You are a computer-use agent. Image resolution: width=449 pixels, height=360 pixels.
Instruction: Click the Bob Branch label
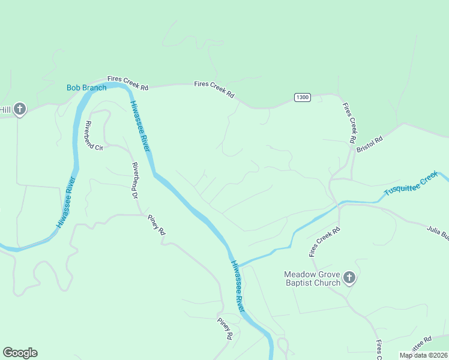[86, 88]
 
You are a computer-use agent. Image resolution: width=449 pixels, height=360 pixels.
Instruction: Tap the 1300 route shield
[302, 97]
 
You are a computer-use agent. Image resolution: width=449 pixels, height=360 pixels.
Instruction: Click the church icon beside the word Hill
[20, 109]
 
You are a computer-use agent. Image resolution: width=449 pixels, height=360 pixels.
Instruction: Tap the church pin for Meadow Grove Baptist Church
[350, 278]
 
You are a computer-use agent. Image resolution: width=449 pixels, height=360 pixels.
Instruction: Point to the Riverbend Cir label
[94, 136]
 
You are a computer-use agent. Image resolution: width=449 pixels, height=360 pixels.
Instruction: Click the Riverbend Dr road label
[135, 180]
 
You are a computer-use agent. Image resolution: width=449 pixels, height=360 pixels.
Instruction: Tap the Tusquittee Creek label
[411, 184]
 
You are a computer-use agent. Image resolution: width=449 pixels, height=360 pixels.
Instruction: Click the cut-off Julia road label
[438, 232]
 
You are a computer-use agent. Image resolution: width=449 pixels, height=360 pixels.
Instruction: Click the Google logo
[20, 353]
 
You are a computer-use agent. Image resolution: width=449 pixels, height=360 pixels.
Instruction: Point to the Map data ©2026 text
[423, 355]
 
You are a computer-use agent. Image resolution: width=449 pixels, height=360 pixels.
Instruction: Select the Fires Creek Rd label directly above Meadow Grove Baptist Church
[325, 242]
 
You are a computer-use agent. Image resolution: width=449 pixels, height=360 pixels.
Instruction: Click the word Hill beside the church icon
[5, 109]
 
